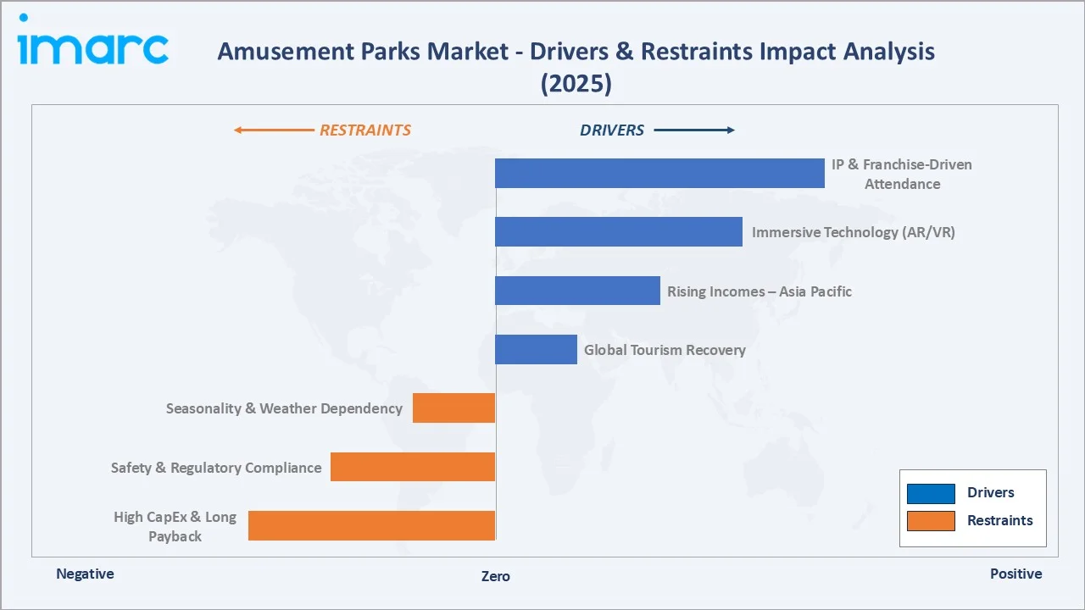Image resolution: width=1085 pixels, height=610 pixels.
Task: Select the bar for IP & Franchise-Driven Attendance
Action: point(659,173)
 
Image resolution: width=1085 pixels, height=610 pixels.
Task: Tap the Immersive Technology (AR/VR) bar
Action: point(618,232)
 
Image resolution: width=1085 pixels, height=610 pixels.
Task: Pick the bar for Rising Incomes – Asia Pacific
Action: point(577,291)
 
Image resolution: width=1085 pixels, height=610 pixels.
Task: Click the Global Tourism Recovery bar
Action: point(536,349)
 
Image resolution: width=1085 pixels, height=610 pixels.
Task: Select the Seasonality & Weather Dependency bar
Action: point(453,408)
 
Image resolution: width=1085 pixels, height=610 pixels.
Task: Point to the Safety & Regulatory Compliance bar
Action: point(413,467)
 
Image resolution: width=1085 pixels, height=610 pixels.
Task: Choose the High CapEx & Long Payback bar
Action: point(371,525)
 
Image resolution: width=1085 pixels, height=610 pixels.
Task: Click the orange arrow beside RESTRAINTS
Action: point(273,130)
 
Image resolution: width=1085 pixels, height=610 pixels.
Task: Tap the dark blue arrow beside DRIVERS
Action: point(694,130)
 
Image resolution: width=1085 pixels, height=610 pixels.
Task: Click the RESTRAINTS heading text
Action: point(364,130)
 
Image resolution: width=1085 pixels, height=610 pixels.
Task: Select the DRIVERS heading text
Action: point(612,130)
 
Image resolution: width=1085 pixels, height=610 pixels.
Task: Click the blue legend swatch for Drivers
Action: point(931,493)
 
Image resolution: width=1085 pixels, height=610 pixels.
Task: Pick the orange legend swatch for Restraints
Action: point(931,521)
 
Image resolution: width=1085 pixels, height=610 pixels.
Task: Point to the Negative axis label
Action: point(85,574)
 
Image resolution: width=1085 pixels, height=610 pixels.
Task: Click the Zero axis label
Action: point(496,576)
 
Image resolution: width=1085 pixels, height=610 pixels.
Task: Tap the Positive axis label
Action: point(1015,574)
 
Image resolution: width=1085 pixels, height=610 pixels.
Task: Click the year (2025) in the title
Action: point(576,84)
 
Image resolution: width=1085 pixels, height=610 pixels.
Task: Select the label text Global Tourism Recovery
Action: point(665,350)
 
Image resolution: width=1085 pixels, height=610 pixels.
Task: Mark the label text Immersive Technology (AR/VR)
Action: point(853,232)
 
